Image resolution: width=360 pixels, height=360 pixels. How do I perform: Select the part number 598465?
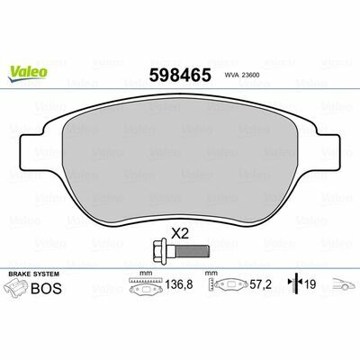pyautogui.click(x=180, y=75)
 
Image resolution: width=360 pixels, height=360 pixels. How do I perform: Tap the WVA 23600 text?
pyautogui.click(x=242, y=76)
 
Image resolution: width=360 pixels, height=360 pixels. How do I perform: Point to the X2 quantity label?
pyautogui.click(x=180, y=233)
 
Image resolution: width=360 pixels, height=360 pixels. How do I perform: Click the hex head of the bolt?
pyautogui.click(x=160, y=251)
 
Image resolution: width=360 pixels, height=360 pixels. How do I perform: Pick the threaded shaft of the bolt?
pyautogui.click(x=193, y=251)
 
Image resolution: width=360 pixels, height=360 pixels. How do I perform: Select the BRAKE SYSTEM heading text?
pyautogui.click(x=34, y=274)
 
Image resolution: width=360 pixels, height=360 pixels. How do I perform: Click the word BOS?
pyautogui.click(x=47, y=289)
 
